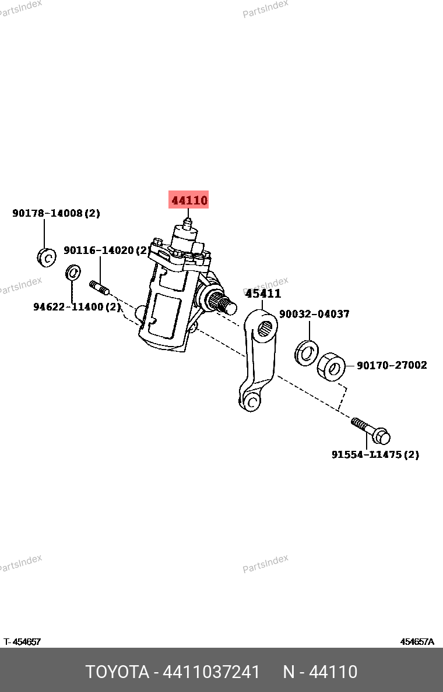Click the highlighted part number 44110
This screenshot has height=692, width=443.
(189, 200)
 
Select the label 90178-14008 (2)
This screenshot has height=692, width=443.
(56, 213)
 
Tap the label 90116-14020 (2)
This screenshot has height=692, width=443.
(106, 250)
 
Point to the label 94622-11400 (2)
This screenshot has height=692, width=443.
(76, 306)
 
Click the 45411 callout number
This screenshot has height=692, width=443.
(263, 294)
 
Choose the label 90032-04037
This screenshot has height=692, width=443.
(314, 314)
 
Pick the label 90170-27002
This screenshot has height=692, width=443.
(392, 365)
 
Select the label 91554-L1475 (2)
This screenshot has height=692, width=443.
(375, 454)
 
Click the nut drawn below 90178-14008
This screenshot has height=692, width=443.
(46, 256)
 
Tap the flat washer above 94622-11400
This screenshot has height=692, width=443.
(73, 271)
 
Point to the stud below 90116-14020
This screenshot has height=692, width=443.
(100, 287)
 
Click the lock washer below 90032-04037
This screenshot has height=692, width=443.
(307, 352)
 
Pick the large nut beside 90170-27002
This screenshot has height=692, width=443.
(332, 367)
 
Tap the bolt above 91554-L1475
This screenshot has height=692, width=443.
(371, 430)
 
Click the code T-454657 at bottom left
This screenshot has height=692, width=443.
(22, 642)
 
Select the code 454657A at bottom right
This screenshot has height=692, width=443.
(417, 642)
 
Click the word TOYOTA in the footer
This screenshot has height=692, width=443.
(117, 672)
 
